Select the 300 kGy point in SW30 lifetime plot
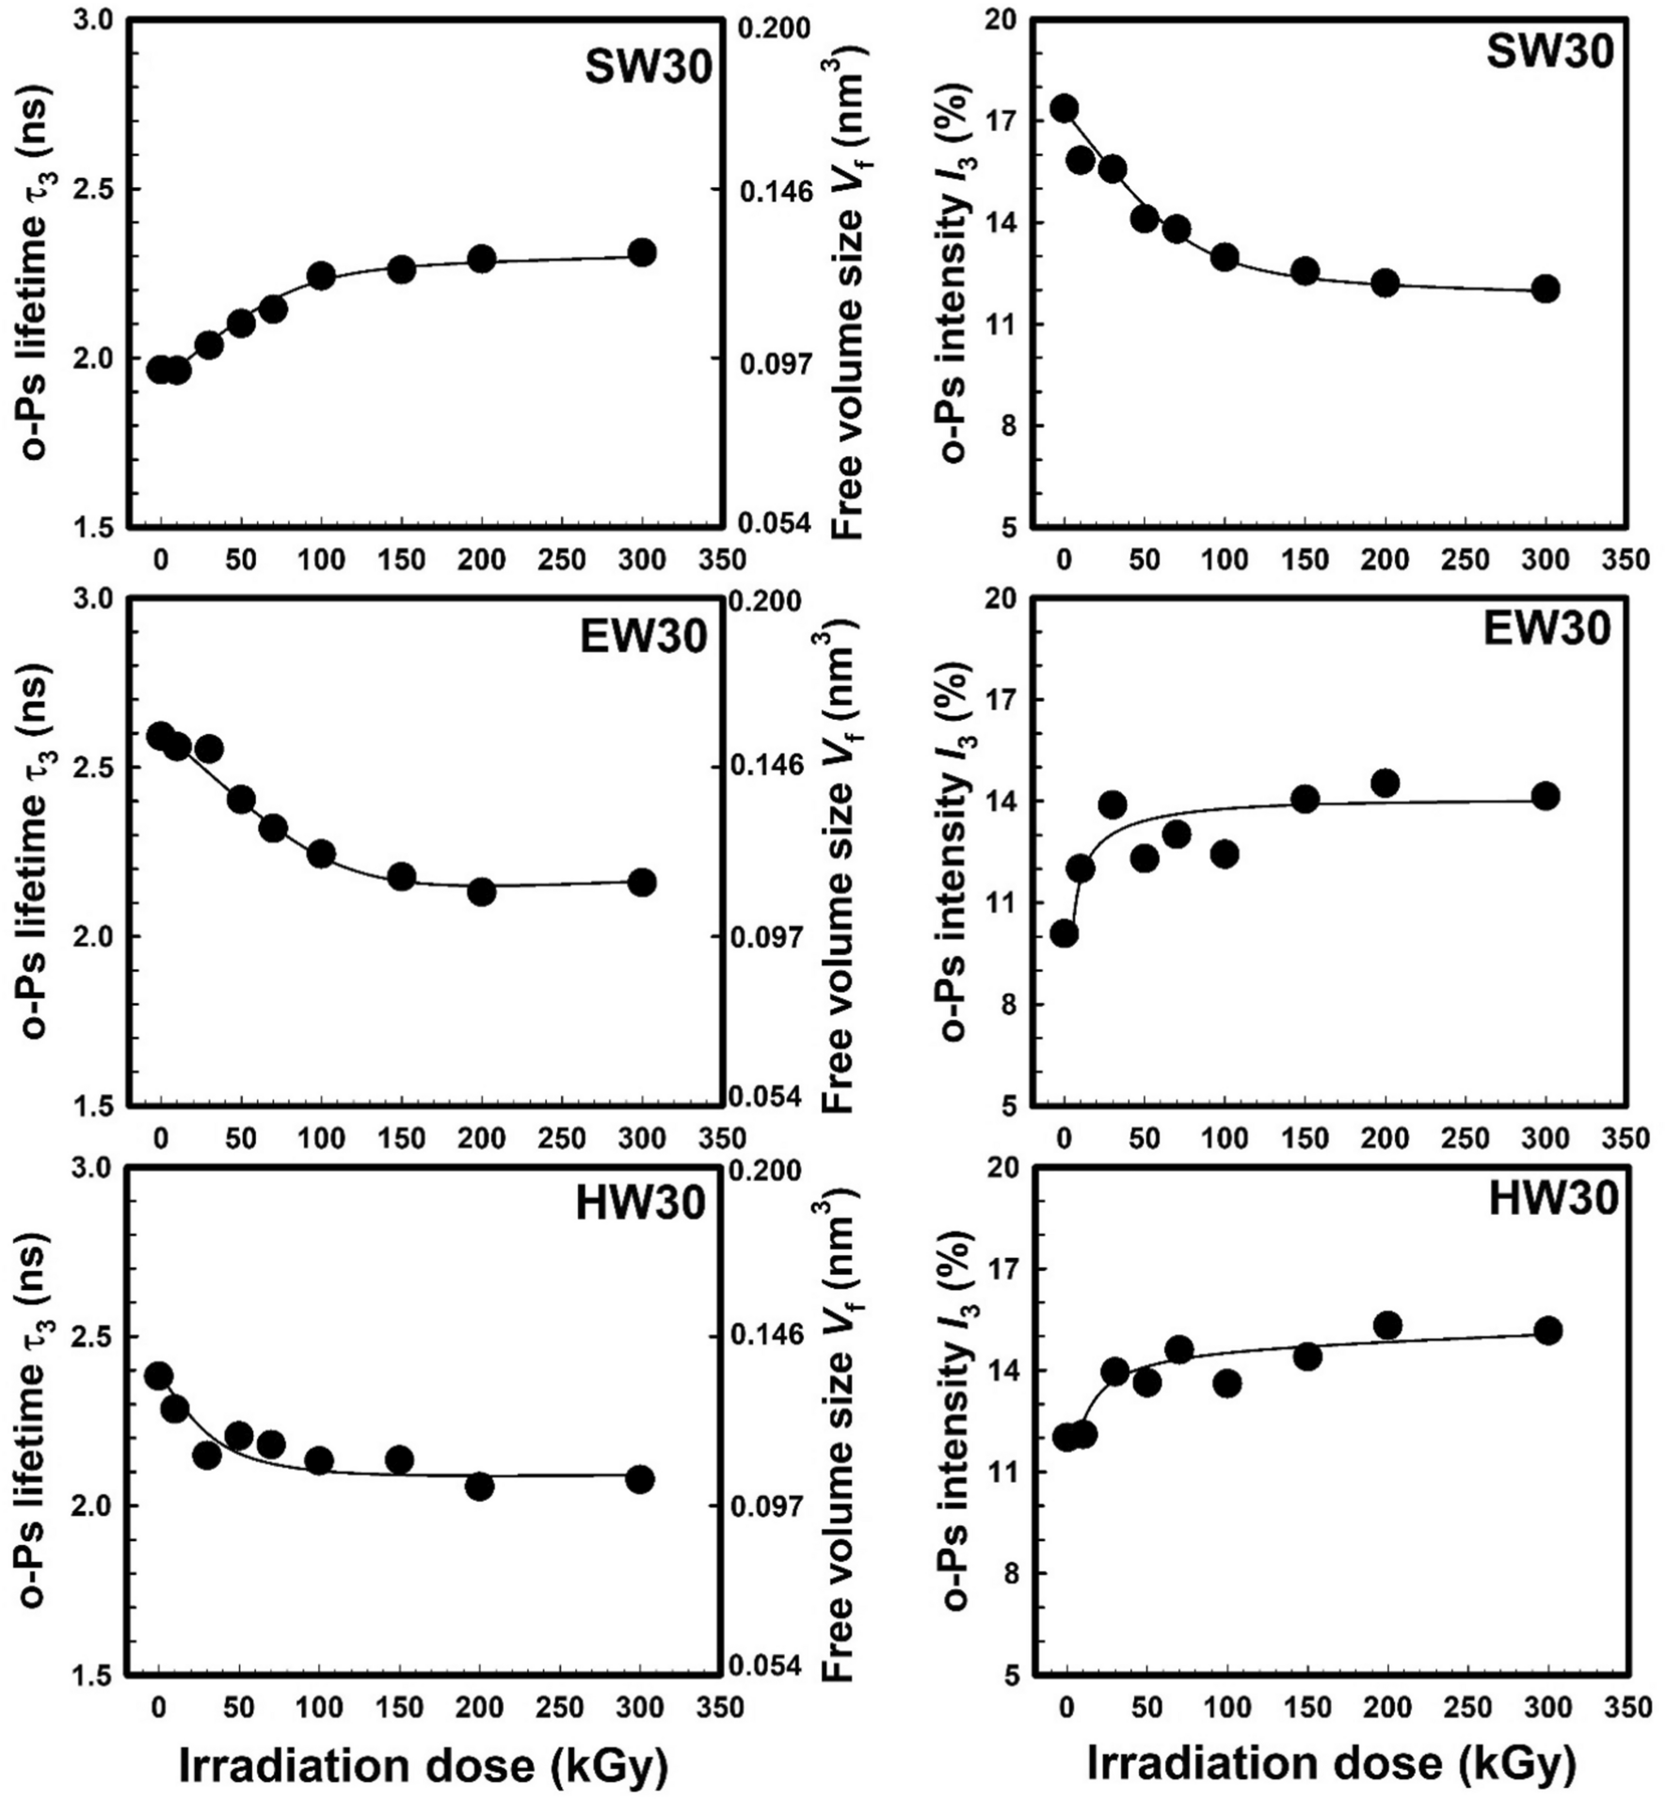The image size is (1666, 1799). [x=642, y=252]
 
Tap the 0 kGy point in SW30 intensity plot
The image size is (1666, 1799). [x=1065, y=108]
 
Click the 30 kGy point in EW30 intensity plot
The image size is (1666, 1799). [x=1113, y=805]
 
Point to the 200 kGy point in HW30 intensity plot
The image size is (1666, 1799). [x=1387, y=1326]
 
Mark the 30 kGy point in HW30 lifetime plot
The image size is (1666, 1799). [x=207, y=1455]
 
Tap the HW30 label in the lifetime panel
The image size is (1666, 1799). [x=641, y=1204]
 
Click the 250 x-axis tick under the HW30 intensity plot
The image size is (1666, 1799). [x=1466, y=1708]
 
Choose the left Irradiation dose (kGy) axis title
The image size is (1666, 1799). [x=423, y=1766]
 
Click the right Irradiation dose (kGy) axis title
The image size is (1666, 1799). [x=1331, y=1764]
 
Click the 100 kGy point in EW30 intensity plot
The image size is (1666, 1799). [x=1225, y=854]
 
